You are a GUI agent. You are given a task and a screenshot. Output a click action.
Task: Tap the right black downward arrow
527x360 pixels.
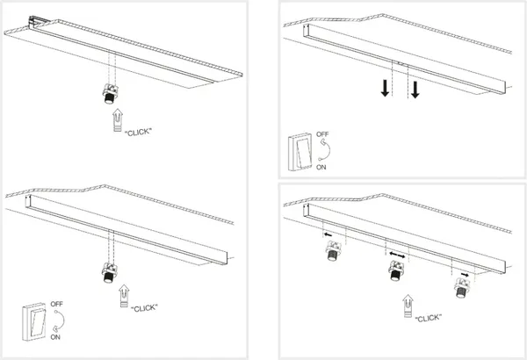click(416, 90)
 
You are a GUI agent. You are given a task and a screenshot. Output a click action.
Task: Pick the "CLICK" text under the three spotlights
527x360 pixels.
click(425, 317)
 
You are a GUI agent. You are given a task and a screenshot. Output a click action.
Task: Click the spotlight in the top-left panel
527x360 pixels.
click(111, 93)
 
